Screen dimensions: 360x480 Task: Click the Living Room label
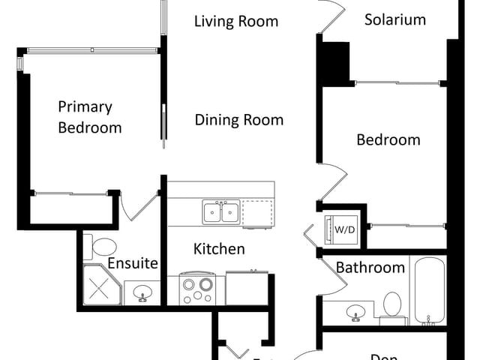pyautogui.click(x=236, y=21)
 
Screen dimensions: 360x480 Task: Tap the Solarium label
pyautogui.click(x=394, y=19)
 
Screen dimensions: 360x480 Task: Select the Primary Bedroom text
pyautogui.click(x=89, y=118)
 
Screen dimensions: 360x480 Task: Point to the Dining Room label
pyautogui.click(x=239, y=119)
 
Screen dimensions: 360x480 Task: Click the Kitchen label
pyautogui.click(x=219, y=248)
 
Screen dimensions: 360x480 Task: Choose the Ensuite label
pyautogui.click(x=132, y=263)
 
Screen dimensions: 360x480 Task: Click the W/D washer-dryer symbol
pyautogui.click(x=345, y=228)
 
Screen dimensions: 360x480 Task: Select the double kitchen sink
pyautogui.click(x=221, y=212)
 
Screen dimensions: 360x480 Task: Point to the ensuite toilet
pyautogui.click(x=100, y=246)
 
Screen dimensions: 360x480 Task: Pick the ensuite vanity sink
pyautogui.click(x=142, y=294)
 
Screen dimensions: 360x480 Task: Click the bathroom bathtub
pyautogui.click(x=427, y=291)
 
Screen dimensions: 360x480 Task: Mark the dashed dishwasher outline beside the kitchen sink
pyautogui.click(x=258, y=213)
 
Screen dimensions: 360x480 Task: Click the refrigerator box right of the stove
pyautogui.click(x=247, y=289)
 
